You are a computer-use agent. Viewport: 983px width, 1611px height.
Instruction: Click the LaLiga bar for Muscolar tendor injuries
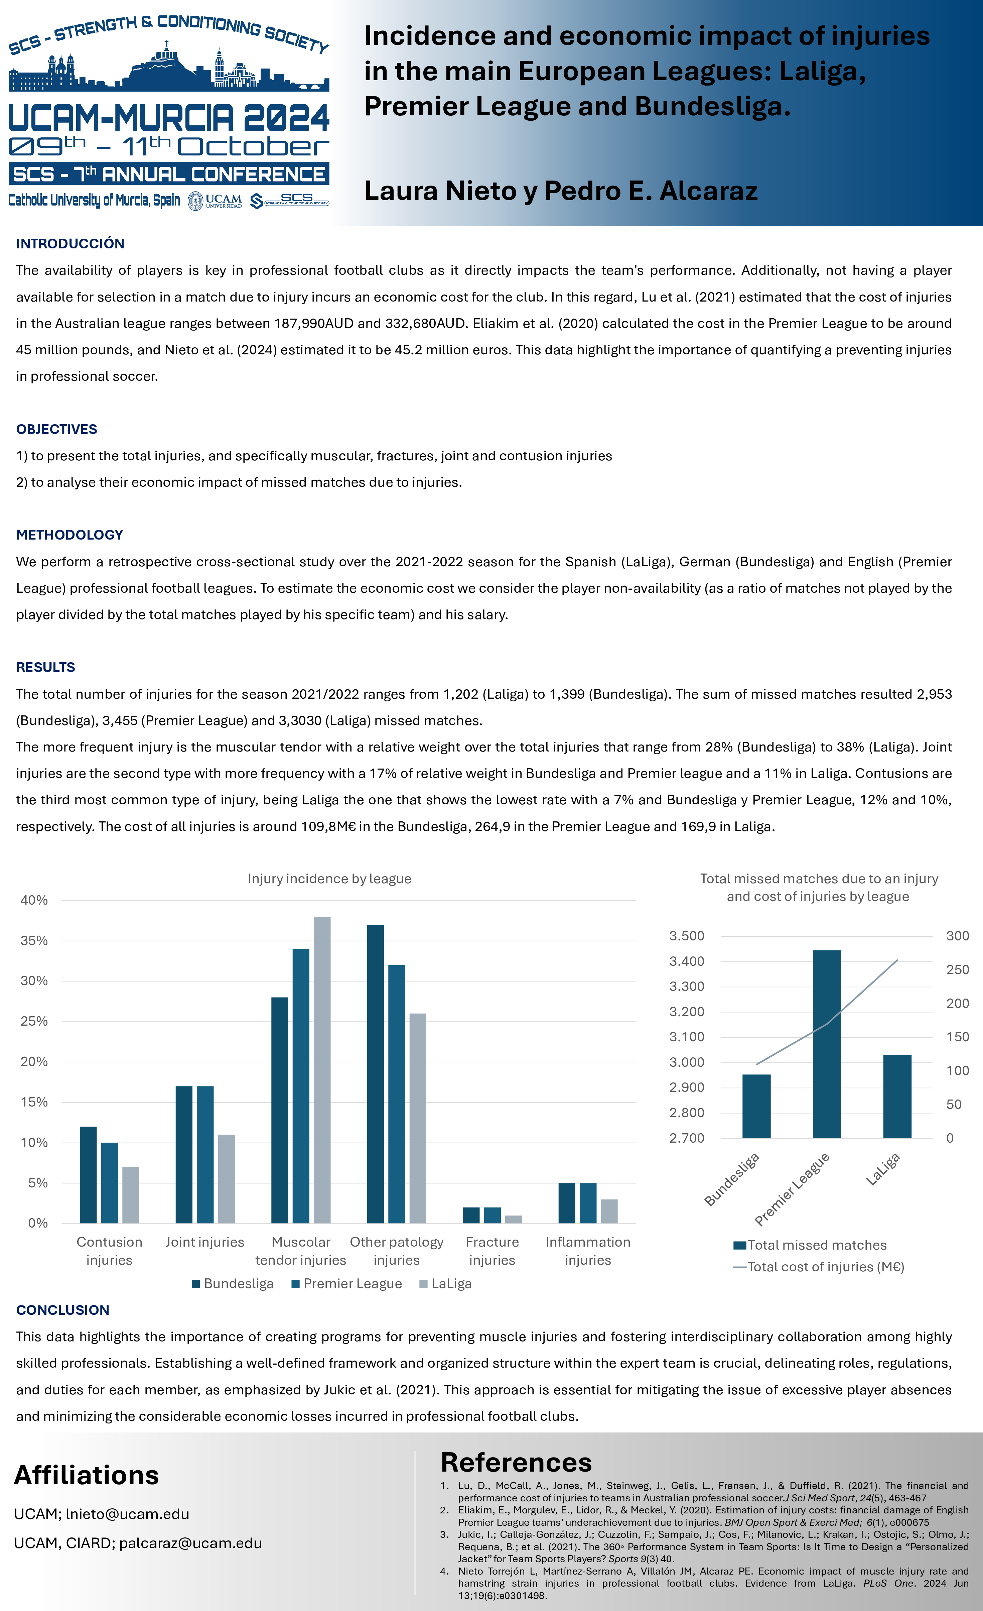pyautogui.click(x=322, y=1070)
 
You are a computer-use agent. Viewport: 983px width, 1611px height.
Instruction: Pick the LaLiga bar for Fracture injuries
pyautogui.click(x=514, y=1219)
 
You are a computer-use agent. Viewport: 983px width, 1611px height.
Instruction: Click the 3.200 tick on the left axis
pyautogui.click(x=687, y=1012)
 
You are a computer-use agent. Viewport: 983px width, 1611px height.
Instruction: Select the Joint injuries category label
pyautogui.click(x=204, y=1242)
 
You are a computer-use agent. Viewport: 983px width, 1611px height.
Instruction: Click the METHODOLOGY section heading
pyautogui.click(x=70, y=535)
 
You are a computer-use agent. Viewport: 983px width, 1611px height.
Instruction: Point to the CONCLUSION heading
pyautogui.click(x=63, y=1309)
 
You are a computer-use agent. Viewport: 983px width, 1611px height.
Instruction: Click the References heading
pyautogui.click(x=516, y=1462)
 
